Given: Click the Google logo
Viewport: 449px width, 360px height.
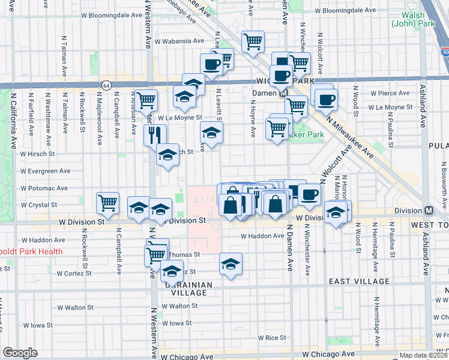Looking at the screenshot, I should [x=20, y=353].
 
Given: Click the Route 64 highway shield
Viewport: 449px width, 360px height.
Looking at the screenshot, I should [x=106, y=85].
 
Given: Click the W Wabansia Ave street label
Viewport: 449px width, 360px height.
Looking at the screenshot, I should [x=179, y=41].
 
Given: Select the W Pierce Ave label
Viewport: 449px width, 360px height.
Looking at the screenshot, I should [x=390, y=94].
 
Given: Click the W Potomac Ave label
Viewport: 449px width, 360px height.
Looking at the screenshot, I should [x=43, y=188].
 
